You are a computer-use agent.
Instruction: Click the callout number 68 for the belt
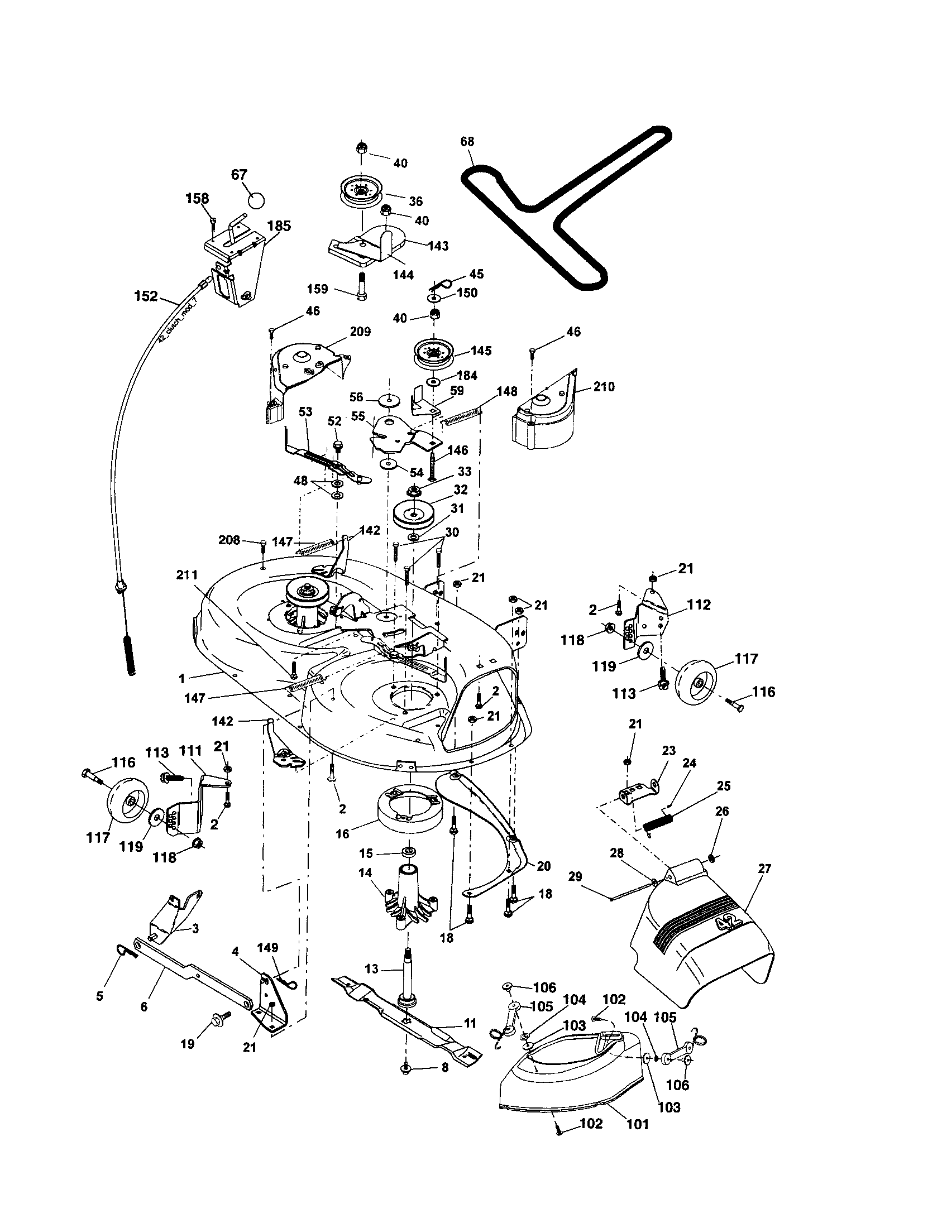467,142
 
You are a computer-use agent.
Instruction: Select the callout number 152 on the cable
146,296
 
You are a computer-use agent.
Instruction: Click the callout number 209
360,332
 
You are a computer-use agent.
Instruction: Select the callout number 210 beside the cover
604,387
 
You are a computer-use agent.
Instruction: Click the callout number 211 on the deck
186,575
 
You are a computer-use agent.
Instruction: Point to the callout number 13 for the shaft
371,969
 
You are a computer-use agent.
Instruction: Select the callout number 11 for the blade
470,1023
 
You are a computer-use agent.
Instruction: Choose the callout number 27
764,868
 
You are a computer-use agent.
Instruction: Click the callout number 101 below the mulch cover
637,1124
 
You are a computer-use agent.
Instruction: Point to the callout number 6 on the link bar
144,1006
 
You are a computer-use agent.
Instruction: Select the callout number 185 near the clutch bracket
279,226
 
